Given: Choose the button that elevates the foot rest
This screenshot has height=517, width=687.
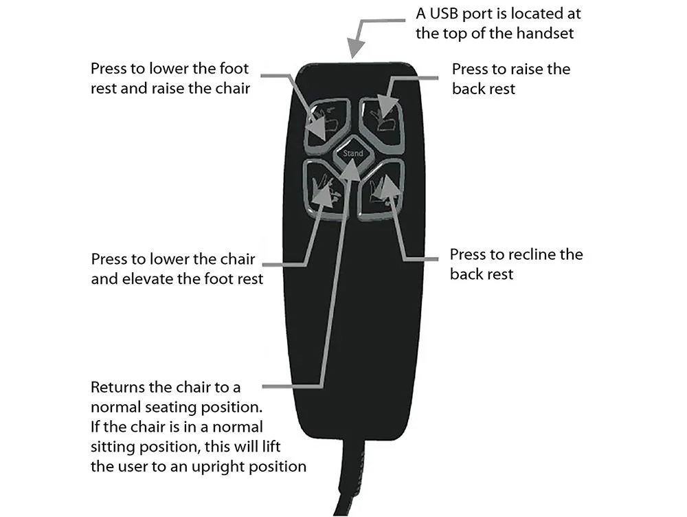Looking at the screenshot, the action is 326,190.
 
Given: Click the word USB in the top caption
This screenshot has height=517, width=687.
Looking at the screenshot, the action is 444,14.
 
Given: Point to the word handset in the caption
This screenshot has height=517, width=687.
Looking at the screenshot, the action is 545,33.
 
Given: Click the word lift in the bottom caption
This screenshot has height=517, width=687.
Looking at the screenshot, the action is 271,446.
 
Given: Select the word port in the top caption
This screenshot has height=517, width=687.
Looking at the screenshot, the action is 478,14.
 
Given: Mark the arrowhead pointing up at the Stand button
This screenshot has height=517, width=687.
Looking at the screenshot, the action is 351,169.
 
